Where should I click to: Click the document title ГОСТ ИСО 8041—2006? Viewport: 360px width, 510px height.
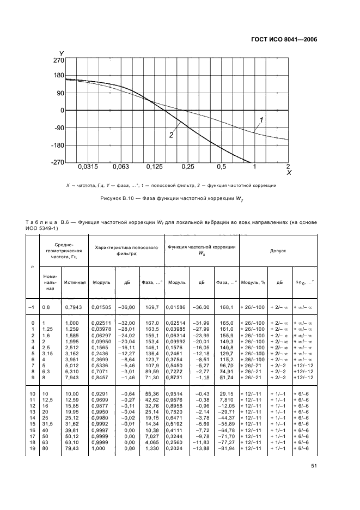pyautogui.click(x=286, y=39)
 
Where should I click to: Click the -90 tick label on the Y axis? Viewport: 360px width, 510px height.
pyautogui.click(x=57, y=128)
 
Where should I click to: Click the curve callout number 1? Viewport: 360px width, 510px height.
pyautogui.click(x=261, y=119)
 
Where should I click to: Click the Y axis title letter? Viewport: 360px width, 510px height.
pyautogui.click(x=62, y=52)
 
